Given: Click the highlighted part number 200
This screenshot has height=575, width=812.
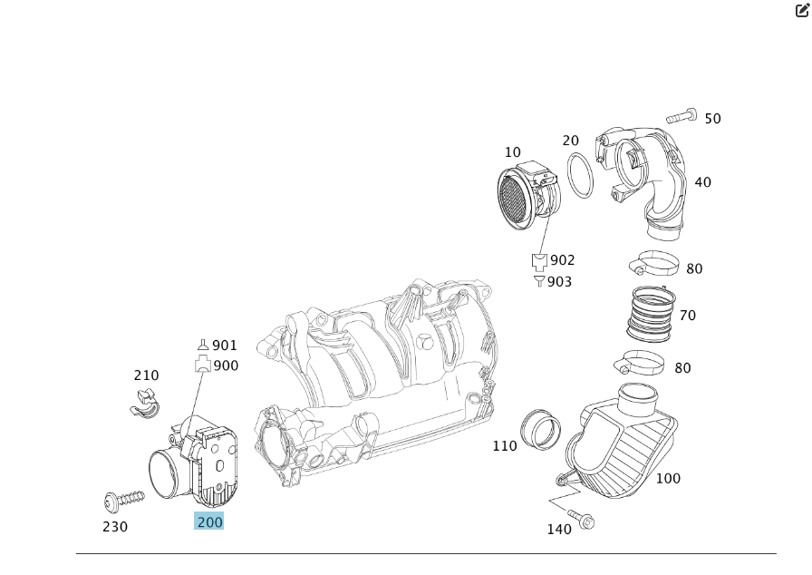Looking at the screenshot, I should [x=209, y=521].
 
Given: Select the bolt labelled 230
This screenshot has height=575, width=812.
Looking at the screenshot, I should [x=124, y=499].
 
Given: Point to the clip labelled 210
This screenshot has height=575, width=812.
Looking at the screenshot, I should [x=143, y=403].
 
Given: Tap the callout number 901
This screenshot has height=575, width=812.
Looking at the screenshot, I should [x=224, y=346].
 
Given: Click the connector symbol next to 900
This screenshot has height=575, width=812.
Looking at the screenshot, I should [x=202, y=365].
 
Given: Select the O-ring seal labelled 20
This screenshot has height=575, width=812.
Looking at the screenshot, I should [x=580, y=173].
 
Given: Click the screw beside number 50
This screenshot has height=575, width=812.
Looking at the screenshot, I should [x=681, y=116].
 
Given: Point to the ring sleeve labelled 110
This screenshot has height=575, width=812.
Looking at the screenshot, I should [x=540, y=429].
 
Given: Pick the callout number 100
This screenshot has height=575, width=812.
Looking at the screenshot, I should [x=668, y=478].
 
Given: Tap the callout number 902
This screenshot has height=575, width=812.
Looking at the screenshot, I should [x=562, y=260].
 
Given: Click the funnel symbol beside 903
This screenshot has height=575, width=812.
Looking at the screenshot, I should [x=540, y=281].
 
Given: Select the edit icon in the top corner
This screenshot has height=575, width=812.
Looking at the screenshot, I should [x=802, y=10].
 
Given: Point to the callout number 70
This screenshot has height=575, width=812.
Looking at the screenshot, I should [x=688, y=316].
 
